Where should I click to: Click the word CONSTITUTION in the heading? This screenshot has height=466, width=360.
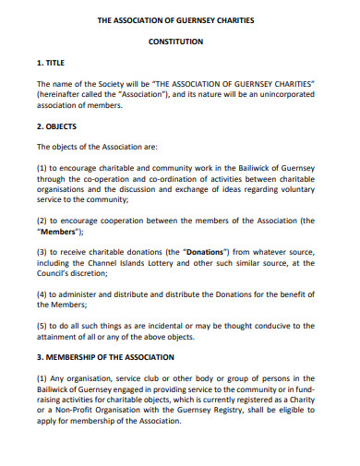point(179,43)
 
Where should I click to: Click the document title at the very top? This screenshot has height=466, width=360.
point(179,19)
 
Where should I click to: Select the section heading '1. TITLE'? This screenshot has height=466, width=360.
point(53,66)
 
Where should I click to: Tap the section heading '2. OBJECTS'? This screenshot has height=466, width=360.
point(56,125)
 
